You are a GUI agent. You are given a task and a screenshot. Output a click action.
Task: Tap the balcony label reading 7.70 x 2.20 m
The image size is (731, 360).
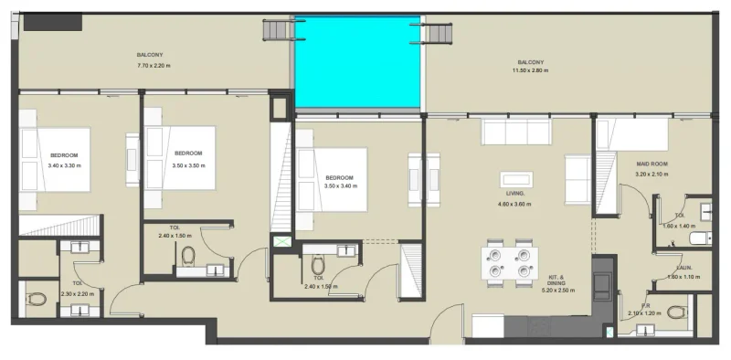154,60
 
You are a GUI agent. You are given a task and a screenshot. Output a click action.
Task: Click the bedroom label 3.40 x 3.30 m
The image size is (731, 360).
64,160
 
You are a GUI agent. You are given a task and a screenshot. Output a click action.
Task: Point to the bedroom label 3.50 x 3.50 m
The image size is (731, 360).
188,158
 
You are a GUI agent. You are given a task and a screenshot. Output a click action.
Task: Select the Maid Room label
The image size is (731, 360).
652,169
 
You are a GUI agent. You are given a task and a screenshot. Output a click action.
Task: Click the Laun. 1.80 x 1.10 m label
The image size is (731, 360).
683,273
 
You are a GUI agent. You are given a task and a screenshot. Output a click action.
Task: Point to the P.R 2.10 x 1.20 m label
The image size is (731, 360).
645,310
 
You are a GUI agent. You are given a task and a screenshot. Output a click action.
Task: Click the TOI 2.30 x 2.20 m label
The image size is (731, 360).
79,289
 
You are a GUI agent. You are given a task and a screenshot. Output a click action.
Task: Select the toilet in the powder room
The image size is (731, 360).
675,312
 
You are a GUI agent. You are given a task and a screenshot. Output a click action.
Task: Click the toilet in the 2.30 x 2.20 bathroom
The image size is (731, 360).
36,299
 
